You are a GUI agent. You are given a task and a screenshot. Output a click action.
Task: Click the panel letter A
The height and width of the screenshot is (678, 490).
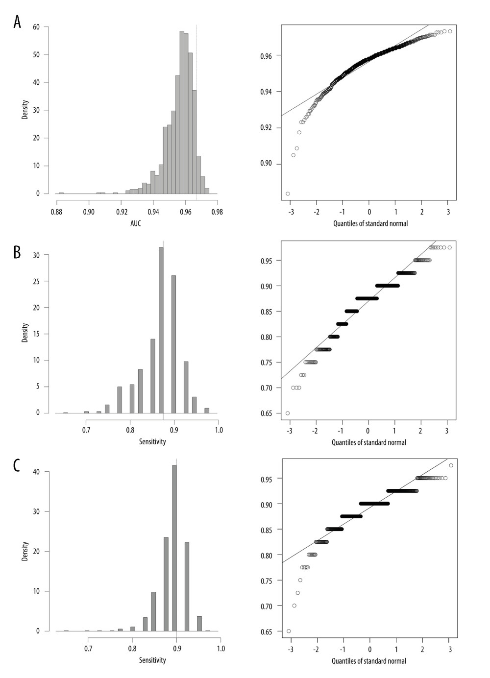click(x=17, y=22)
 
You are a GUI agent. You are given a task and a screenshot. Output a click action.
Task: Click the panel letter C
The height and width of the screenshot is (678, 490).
click(x=17, y=465)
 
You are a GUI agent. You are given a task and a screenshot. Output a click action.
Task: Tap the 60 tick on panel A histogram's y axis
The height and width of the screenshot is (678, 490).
click(x=37, y=27)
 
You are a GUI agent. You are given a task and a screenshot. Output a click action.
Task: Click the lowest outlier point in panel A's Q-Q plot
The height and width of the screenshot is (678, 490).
click(x=288, y=194)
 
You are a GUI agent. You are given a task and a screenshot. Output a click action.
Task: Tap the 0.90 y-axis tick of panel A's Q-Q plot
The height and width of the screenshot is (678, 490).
click(x=267, y=164)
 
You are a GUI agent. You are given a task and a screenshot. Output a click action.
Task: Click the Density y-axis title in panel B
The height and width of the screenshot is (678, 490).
click(x=25, y=333)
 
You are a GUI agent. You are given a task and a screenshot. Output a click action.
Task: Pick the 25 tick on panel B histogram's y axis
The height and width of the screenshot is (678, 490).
click(x=37, y=282)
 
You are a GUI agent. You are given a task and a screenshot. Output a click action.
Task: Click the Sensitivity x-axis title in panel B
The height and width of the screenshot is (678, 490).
click(x=152, y=442)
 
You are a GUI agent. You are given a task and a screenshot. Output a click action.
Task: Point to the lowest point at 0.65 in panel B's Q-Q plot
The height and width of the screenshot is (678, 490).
click(x=288, y=413)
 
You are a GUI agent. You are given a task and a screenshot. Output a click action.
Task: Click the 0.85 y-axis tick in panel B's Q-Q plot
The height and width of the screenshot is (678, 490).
click(x=267, y=312)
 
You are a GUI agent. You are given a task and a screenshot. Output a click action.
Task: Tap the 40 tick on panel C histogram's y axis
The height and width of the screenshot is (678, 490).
click(x=37, y=472)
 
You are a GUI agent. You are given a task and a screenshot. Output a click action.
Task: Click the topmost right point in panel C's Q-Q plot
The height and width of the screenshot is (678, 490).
click(x=451, y=465)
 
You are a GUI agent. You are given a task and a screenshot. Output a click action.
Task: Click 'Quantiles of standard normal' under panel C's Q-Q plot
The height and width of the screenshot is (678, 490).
click(x=369, y=661)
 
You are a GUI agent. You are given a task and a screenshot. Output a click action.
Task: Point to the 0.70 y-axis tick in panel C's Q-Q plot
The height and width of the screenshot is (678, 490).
click(x=268, y=606)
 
